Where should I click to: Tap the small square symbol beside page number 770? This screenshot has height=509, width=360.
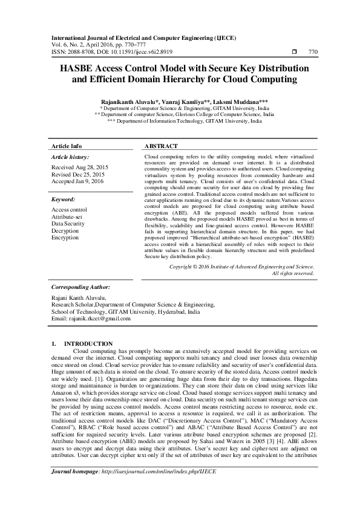pyautogui.click(x=294, y=52)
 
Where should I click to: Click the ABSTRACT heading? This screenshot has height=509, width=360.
pyautogui.click(x=162, y=147)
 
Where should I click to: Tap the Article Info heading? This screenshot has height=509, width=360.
pyautogui.click(x=67, y=147)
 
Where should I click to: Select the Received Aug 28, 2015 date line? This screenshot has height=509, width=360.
pyautogui.click(x=80, y=166)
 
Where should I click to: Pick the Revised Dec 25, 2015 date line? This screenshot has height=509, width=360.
pyautogui.click(x=79, y=173)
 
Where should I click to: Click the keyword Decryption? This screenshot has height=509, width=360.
pyautogui.click(x=65, y=230)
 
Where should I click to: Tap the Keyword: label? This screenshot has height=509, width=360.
pyautogui.click(x=64, y=198)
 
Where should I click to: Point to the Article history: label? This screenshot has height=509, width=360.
pyautogui.click(x=71, y=157)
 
